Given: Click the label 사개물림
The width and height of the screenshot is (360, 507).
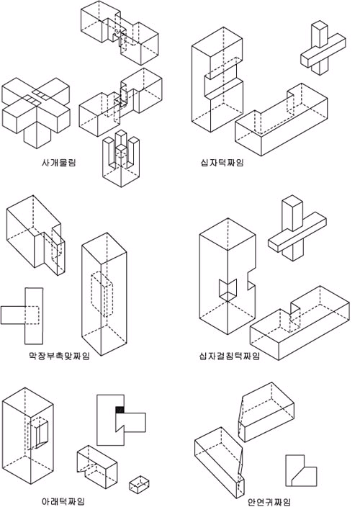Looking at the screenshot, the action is [58, 162].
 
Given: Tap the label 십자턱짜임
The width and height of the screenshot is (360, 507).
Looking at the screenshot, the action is [222, 162].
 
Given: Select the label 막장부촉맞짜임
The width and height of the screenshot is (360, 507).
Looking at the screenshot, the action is [59, 356].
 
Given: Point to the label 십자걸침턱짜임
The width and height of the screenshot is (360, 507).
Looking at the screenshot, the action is [229, 356].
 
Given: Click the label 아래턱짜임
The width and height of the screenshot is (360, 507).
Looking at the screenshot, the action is [63, 501].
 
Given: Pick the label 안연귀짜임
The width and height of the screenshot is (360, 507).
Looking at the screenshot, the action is [269, 501].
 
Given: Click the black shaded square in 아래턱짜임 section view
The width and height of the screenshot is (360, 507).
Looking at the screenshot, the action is [120, 410].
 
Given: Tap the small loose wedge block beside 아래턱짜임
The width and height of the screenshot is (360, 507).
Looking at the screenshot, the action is [139, 484].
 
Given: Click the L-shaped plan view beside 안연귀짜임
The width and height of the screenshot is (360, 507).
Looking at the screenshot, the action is [301, 471].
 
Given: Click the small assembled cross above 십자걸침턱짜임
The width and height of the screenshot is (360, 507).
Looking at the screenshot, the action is [297, 228].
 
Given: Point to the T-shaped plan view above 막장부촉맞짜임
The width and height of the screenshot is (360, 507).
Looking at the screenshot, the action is [22, 315].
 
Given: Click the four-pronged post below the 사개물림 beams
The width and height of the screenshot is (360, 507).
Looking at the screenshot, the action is [121, 158].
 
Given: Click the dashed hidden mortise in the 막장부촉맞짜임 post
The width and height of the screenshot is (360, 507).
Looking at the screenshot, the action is [102, 295].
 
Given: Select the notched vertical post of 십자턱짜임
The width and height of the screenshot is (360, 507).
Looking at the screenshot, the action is [217, 79].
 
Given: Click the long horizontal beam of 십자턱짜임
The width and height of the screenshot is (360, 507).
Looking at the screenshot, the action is [281, 120].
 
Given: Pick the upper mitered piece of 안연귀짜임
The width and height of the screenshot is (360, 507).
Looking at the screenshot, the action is [266, 412].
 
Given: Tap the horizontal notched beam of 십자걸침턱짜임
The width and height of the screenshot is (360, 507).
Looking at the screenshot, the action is [300, 323].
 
